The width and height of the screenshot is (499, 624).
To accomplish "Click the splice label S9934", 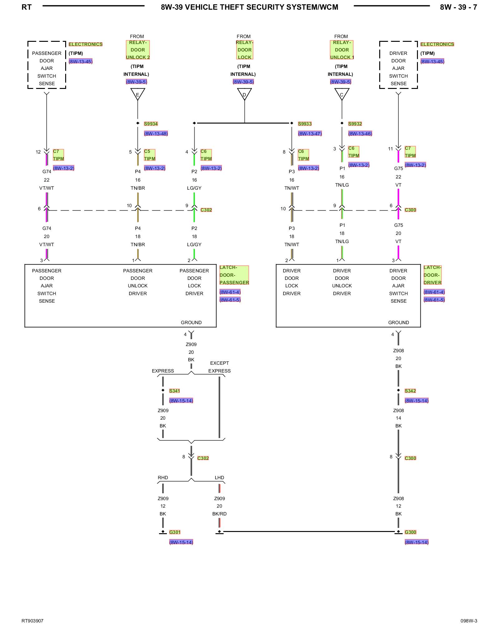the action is click(151, 124).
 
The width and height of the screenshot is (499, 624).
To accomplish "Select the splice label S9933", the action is click(305, 124).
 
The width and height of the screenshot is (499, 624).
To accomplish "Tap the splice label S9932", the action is click(355, 124).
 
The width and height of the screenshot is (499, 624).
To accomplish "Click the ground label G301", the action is click(175, 532).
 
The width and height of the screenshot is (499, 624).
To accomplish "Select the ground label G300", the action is click(410, 532).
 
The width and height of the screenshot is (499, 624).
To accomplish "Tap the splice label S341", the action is click(174, 391).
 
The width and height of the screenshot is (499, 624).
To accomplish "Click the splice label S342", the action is click(410, 391).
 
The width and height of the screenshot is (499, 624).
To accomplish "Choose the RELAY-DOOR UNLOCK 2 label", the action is click(138, 50).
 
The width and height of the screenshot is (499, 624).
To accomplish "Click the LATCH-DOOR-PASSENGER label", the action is click(234, 275).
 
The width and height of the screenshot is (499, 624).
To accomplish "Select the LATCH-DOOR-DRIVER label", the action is click(433, 275).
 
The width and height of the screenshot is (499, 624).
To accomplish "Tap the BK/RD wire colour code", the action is click(220, 514).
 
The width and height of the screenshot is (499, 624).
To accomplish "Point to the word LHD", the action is click(220, 478).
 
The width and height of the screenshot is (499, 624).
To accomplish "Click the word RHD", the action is click(163, 478).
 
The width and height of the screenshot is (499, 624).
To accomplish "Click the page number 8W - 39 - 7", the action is click(458, 7).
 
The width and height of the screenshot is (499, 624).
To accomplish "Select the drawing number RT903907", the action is click(32, 621).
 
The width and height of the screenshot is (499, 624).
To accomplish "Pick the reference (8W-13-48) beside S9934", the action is click(156, 134).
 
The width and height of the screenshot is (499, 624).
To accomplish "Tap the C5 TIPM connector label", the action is click(150, 155).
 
